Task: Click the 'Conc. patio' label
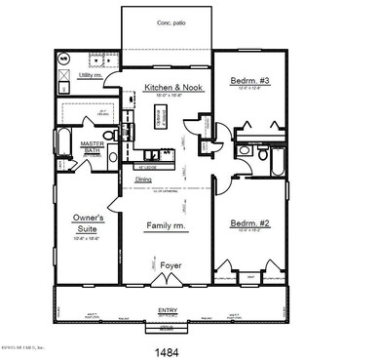(168, 21)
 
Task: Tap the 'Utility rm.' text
(91, 74)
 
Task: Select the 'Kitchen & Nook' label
(170, 88)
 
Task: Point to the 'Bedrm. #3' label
(250, 80)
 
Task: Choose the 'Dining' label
(143, 180)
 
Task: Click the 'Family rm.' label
(166, 225)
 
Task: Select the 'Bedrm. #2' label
(249, 223)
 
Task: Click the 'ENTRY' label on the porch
(168, 310)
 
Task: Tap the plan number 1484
(168, 347)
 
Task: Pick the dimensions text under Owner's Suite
(87, 238)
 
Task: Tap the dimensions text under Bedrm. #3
(250, 90)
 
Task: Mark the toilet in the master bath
(110, 135)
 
